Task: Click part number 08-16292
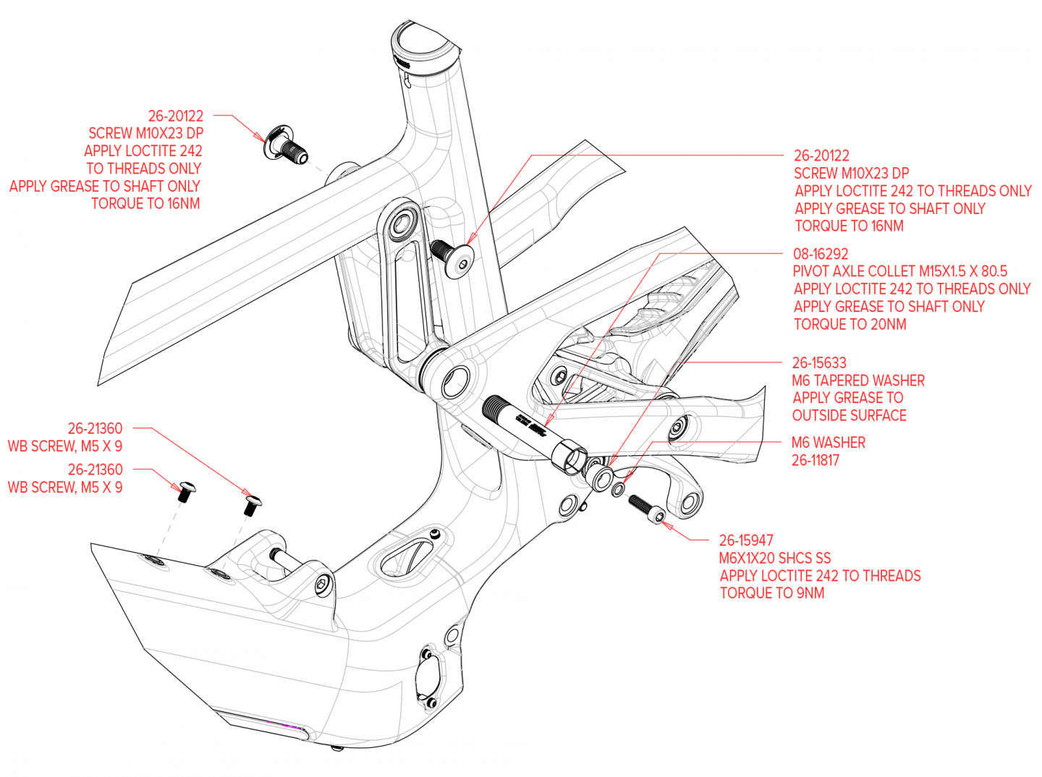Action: coord(820,254)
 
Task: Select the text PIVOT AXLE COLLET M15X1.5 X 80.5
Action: coord(899,271)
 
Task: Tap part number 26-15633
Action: coord(819,362)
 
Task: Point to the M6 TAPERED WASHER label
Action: coord(858,381)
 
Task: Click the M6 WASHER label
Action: coord(829,443)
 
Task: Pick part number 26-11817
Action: coord(816,460)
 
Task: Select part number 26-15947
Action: coord(746,540)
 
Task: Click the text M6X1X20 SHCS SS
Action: coord(774,559)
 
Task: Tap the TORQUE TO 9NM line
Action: coord(772,593)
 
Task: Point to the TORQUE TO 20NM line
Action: coord(850,324)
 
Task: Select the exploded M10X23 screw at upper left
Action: coord(286,145)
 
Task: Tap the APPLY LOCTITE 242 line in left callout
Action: coord(143,150)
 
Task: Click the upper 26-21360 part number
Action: coord(96,428)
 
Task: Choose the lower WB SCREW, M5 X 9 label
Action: coord(65,488)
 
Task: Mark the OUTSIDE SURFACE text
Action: coord(850,415)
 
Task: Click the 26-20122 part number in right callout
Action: coord(821,156)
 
